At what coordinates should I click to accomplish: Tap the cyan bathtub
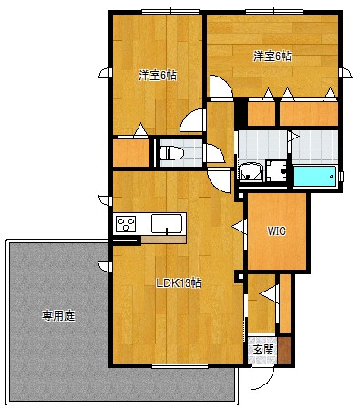pyautogui.click(x=314, y=176)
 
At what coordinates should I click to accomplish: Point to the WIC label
pyautogui.click(x=276, y=231)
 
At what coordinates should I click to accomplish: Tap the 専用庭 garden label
pyautogui.click(x=57, y=316)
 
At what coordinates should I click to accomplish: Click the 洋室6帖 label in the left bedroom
pyautogui.click(x=157, y=75)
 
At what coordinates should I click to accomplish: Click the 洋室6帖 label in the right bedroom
pyautogui.click(x=273, y=56)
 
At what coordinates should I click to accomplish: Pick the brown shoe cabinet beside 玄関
pyautogui.click(x=284, y=348)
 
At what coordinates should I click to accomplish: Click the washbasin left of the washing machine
pyautogui.click(x=250, y=171)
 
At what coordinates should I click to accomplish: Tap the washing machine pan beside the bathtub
pyautogui.click(x=277, y=172)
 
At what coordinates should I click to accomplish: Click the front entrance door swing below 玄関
pyautogui.click(x=262, y=376)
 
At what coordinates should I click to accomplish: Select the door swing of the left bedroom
pyautogui.click(x=193, y=120)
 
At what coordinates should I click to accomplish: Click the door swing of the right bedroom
pyautogui.click(x=220, y=87)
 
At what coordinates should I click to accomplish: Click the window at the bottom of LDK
pyautogui.click(x=179, y=366)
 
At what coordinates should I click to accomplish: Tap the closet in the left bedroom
pyautogui.click(x=130, y=151)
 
